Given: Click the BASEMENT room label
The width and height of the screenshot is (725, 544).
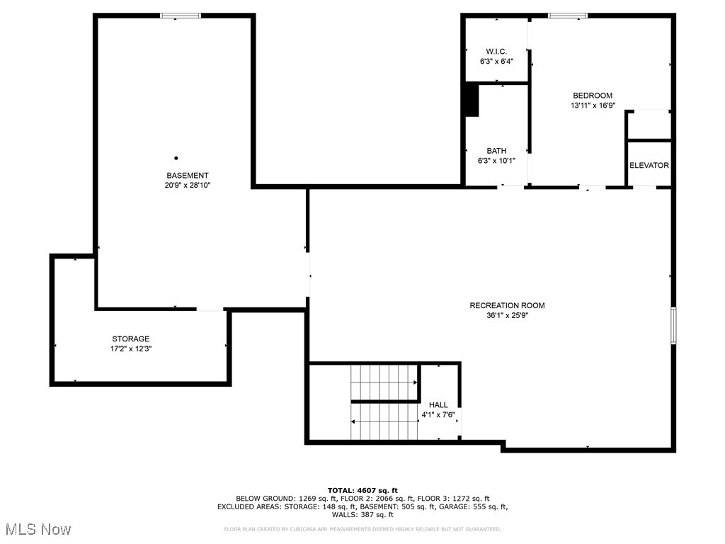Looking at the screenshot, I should coord(188,176).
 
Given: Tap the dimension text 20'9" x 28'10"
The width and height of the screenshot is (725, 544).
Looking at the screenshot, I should coord(188,186).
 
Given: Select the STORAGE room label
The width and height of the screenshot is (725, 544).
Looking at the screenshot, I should coord(131,339).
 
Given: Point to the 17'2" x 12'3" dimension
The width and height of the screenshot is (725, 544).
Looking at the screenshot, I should coord(131,348).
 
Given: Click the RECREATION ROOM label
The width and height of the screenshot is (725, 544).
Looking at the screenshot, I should coord(507,306).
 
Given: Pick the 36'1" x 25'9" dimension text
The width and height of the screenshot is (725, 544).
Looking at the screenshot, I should coord(507,316).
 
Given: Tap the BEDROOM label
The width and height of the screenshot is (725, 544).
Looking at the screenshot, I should coord(593,96).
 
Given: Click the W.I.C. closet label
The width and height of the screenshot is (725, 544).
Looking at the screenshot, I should coord(496,52).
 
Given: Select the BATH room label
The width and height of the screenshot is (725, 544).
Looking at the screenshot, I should coord(496,151).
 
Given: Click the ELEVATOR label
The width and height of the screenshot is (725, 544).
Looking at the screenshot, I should coord(649,165).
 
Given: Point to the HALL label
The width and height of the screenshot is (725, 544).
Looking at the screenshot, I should coord(438,404).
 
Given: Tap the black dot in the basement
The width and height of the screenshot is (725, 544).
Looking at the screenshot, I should coord(176,158).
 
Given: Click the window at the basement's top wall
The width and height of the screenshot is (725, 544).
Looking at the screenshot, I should coord(181,16).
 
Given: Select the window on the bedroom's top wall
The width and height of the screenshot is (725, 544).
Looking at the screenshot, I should coord(568,16).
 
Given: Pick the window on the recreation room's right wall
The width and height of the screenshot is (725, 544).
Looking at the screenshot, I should coord(673,326).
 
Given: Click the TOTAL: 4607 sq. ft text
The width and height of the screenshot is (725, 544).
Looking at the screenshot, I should coord(362,490).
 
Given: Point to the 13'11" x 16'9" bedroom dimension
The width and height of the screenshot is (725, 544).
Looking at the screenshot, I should coord(593,106).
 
